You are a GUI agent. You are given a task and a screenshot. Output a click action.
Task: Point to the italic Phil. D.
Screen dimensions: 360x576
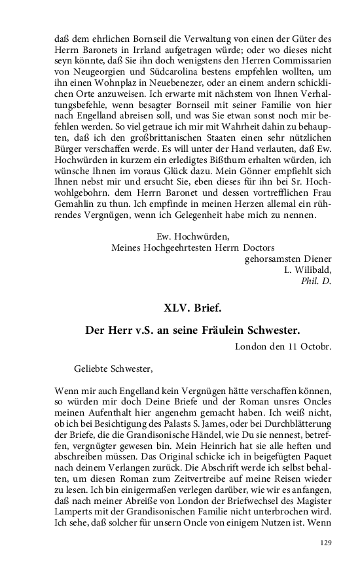point(316,281)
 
